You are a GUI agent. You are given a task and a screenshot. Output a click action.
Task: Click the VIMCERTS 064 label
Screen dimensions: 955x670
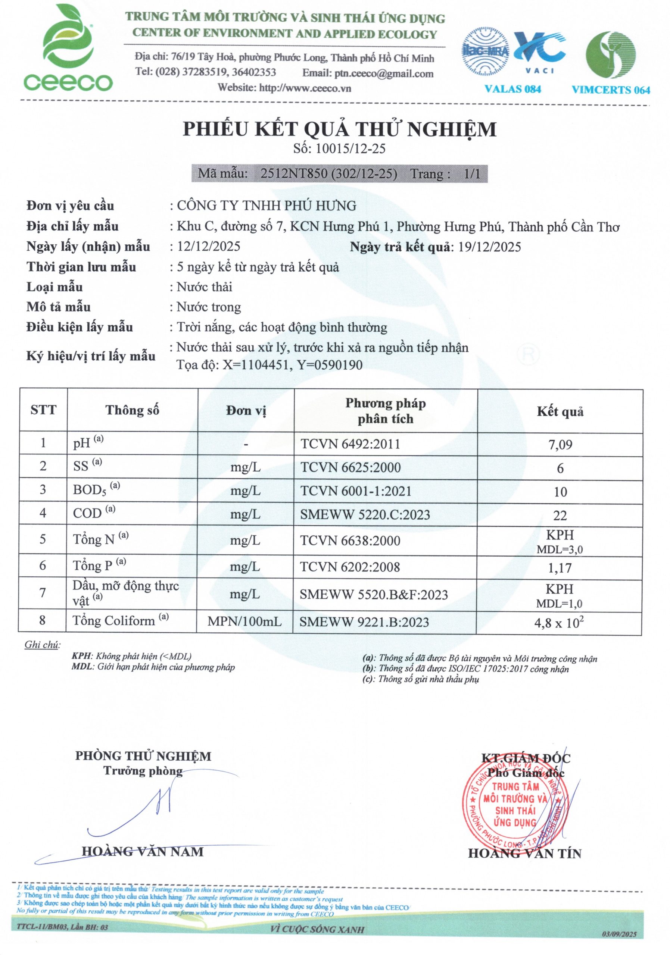pos(611,90)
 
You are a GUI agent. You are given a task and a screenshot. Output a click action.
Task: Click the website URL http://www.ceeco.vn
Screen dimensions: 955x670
pos(305,88)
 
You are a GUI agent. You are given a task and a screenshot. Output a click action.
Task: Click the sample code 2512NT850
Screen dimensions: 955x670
pos(293,173)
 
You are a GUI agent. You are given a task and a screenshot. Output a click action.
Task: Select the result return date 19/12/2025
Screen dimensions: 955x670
pos(489,247)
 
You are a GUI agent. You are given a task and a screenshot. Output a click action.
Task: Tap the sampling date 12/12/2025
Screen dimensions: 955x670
pos(209,246)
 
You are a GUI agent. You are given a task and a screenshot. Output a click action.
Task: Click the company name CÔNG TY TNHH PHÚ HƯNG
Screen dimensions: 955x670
pos(267,206)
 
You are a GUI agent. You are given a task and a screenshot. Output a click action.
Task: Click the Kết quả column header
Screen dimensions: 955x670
pos(560,411)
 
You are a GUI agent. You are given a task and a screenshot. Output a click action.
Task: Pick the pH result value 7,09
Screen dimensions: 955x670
pos(560,445)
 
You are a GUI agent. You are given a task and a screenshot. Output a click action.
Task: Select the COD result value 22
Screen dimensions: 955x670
pos(560,515)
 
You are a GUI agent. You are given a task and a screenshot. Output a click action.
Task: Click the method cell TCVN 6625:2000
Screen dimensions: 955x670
pos(350,467)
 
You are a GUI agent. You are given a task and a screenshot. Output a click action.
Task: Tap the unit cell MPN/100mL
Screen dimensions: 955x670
pos(245,621)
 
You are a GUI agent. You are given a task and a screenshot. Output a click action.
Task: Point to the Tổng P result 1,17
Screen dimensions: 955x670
pos(560,568)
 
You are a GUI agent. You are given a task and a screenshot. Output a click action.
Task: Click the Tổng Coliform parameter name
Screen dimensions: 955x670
pos(113,621)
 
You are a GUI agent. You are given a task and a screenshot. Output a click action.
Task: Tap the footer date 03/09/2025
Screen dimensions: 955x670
pos(619,934)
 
